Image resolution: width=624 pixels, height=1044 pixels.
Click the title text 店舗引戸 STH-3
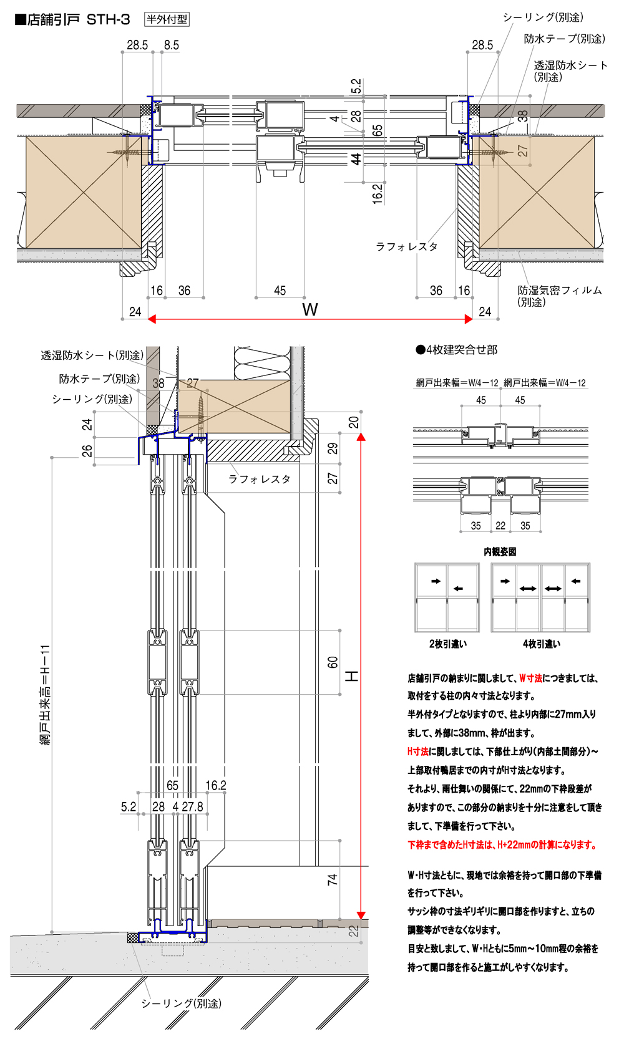(x=78, y=19)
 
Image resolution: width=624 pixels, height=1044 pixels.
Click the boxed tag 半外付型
(x=167, y=19)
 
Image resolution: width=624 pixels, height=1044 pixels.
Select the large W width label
(x=310, y=309)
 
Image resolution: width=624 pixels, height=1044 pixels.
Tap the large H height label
(x=352, y=676)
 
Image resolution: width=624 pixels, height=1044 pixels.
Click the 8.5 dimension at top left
(x=171, y=45)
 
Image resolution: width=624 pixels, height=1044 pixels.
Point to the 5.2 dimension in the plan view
(x=356, y=85)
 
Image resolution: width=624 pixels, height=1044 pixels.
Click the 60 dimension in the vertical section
(x=333, y=662)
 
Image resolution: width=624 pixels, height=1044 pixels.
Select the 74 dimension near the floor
(x=333, y=879)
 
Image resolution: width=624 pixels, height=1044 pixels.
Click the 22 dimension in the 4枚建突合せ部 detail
(x=500, y=526)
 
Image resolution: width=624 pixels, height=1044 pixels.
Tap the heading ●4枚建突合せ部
(x=456, y=350)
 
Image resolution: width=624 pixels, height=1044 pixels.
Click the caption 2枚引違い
(x=447, y=644)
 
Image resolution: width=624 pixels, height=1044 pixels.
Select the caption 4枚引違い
(x=541, y=644)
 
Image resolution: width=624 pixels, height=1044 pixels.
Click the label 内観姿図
(x=500, y=551)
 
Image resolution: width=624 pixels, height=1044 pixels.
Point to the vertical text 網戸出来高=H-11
(x=45, y=695)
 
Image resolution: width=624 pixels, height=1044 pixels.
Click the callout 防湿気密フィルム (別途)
(x=559, y=296)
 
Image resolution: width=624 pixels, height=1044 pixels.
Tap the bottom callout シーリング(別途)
(x=181, y=1003)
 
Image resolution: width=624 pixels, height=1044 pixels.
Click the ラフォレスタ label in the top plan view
(x=406, y=247)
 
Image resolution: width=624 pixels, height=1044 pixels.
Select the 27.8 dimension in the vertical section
(x=192, y=807)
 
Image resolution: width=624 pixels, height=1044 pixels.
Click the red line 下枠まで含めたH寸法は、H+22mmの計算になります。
(x=502, y=845)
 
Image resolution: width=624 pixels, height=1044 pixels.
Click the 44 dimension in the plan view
(x=356, y=159)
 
